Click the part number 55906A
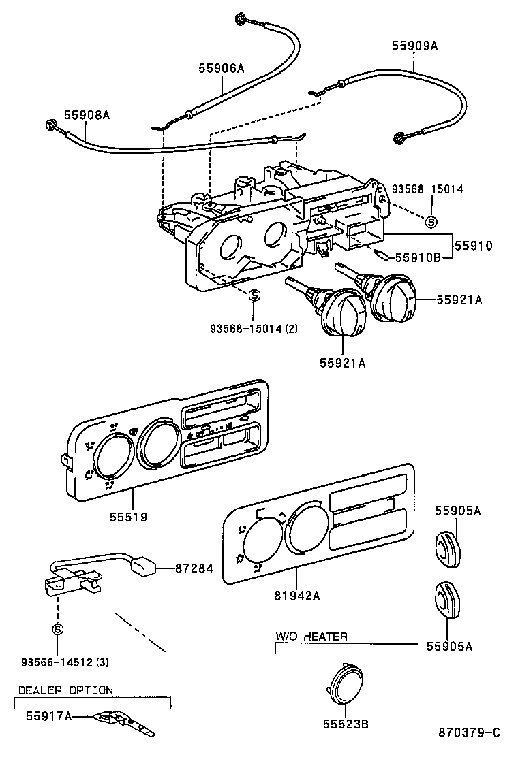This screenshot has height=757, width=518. [x=222, y=68]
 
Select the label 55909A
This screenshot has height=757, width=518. [x=414, y=46]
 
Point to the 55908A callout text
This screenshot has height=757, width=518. [x=87, y=115]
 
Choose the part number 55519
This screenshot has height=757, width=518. [x=127, y=517]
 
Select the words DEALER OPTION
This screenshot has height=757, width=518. [x=65, y=690]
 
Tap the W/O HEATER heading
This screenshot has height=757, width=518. [x=311, y=637]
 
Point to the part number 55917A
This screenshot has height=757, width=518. [x=49, y=716]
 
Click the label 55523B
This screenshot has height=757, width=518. [x=346, y=723]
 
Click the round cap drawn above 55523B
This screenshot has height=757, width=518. [x=346, y=683]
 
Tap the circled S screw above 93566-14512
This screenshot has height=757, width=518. [x=58, y=629]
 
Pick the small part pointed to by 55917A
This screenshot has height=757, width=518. [x=127, y=723]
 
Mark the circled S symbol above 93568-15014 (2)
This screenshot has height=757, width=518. [x=254, y=295]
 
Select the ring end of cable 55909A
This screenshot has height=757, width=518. [x=399, y=139]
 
